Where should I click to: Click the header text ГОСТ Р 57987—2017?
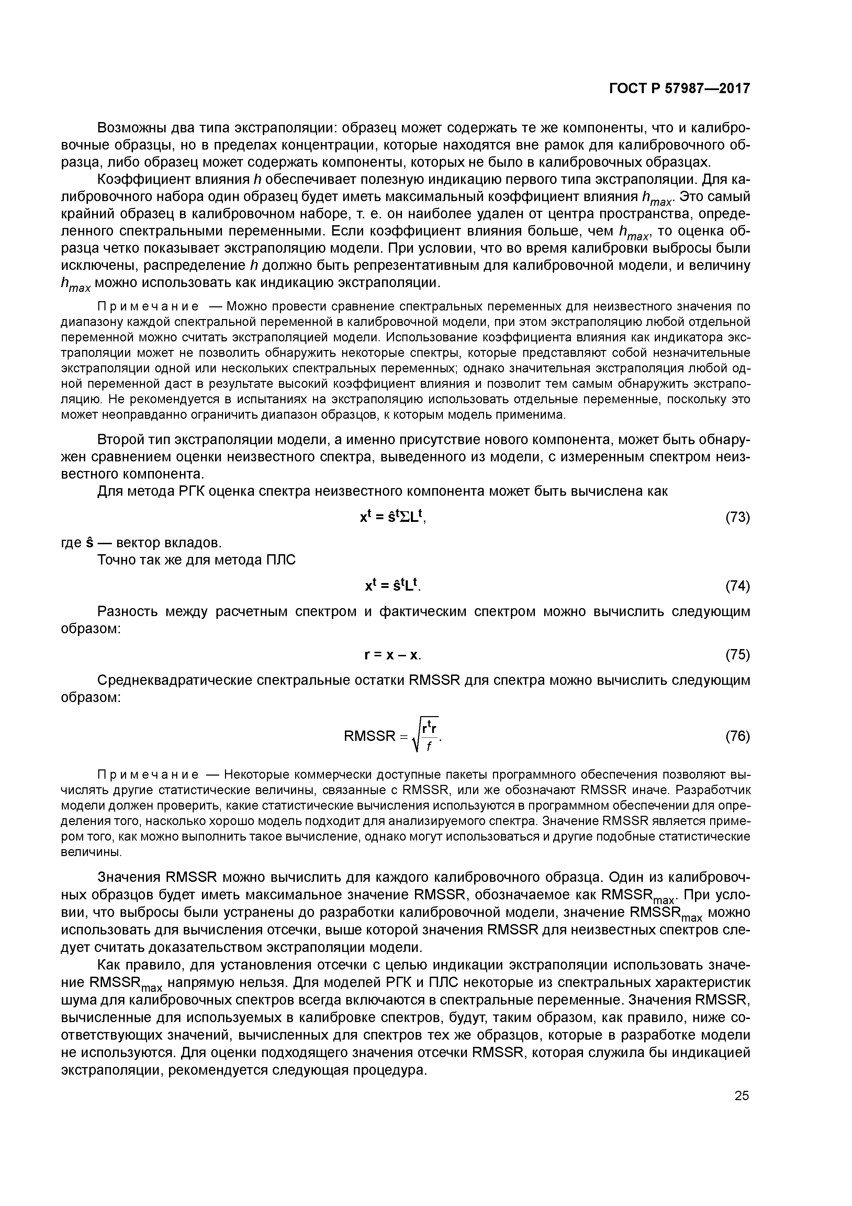[x=679, y=89]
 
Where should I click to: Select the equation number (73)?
[x=737, y=518]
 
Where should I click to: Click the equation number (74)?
[x=737, y=586]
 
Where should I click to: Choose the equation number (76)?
[x=737, y=736]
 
